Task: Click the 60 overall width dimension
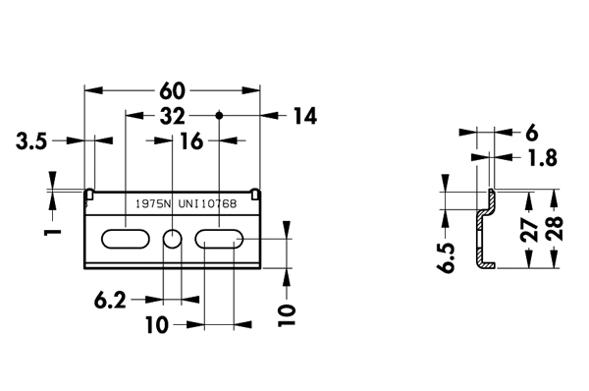click(173, 91)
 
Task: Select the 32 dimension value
click(173, 116)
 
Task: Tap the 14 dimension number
click(305, 116)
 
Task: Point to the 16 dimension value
click(191, 141)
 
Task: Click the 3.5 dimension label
click(31, 141)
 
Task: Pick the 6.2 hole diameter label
click(110, 301)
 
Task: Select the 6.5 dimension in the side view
click(446, 257)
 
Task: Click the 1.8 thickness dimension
click(543, 158)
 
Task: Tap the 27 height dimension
click(530, 229)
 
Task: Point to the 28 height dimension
click(555, 228)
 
